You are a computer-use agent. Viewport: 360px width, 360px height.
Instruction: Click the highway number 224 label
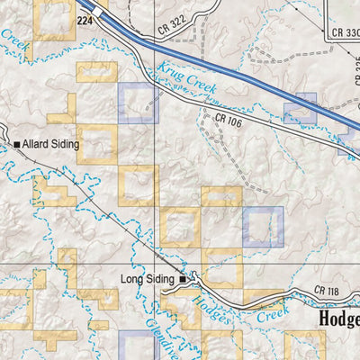coord(85,19)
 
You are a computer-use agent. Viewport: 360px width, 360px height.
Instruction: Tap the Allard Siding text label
coord(52,144)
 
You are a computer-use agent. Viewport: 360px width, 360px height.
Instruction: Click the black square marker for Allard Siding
coord(17,144)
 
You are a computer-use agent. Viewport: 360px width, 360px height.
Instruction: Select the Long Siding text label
coord(147,280)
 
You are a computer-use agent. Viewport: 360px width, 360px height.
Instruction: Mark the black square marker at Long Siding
coord(183,280)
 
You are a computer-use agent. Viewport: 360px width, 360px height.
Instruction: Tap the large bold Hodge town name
coord(338,320)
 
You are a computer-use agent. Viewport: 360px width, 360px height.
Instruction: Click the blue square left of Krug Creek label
coord(138,103)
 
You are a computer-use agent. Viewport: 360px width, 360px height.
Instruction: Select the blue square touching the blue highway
coord(300,108)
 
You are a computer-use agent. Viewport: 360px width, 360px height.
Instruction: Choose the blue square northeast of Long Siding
coord(263,227)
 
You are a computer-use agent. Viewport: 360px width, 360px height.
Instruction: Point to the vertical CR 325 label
coord(356,81)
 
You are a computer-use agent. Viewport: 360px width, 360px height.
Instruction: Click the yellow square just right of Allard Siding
coord(97,144)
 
